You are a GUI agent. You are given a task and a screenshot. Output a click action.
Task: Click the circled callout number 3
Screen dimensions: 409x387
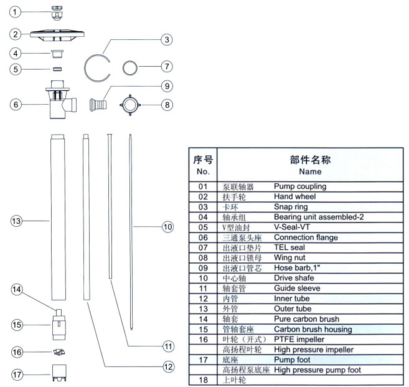167,40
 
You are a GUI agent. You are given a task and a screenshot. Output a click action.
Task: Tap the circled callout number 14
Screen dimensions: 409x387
17,289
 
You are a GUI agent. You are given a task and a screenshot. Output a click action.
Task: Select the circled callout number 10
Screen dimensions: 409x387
167,227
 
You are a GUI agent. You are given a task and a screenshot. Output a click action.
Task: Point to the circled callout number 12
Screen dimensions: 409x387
168,366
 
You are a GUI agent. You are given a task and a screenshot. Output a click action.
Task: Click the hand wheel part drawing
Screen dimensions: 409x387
57,36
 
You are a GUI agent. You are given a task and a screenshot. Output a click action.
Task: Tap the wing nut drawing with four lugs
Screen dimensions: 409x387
130,105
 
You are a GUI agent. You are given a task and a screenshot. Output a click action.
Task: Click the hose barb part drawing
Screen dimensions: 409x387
98,105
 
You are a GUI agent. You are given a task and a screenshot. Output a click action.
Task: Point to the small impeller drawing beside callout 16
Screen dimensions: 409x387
59,352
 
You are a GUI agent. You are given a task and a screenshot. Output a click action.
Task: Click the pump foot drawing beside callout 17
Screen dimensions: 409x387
60,373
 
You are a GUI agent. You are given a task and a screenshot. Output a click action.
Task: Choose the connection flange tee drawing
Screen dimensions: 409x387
61,100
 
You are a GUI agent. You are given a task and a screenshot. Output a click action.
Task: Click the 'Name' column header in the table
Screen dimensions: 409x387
310,171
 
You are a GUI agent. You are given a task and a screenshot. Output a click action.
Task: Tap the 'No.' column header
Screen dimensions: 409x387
203,171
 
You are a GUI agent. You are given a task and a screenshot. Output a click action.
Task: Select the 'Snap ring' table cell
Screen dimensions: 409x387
291,207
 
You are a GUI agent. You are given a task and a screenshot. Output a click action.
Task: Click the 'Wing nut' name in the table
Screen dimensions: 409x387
289,258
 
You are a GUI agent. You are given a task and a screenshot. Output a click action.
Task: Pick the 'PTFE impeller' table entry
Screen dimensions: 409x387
299,339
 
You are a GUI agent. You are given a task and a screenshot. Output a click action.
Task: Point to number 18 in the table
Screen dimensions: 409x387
203,380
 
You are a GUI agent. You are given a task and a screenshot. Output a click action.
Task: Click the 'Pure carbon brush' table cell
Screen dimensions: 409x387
306,319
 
